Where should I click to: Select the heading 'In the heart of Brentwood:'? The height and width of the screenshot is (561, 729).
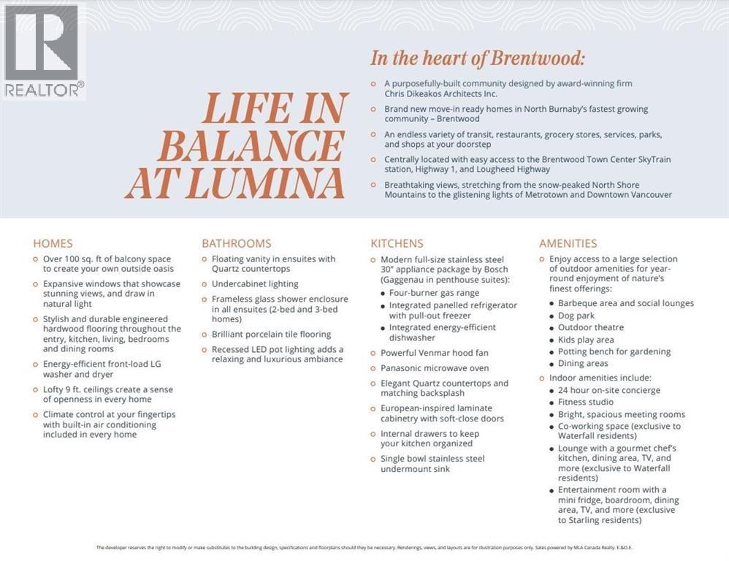coord(478,58)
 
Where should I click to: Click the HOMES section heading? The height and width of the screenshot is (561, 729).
coord(53,243)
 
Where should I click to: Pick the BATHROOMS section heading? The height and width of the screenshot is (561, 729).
coord(236,243)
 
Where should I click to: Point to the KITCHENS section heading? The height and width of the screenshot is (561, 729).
coord(397,243)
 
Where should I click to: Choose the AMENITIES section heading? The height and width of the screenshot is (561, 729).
coord(568,243)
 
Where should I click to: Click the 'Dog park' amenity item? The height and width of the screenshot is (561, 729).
coord(576,316)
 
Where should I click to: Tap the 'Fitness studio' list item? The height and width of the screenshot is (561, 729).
coord(586,402)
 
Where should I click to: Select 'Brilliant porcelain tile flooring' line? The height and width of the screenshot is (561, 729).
coord(271,334)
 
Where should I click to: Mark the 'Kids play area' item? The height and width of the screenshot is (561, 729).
coord(586,340)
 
